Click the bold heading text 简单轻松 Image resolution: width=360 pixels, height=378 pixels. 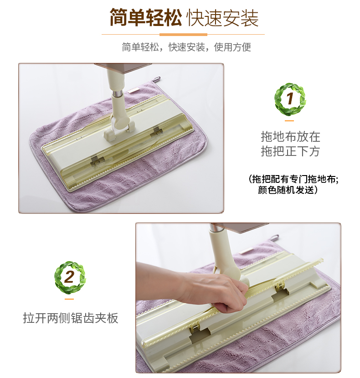coord(145,17)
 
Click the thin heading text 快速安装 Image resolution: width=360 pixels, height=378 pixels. coord(222,18)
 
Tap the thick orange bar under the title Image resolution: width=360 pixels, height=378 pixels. coord(183,35)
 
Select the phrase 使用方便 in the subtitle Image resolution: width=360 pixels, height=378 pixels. coord(232,47)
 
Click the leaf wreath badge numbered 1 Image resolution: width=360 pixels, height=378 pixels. coord(290,99)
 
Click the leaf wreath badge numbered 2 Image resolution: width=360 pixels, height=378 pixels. coord(70,277)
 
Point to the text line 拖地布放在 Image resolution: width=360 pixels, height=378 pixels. coord(290,137)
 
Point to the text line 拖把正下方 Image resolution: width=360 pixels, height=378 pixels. coord(290,151)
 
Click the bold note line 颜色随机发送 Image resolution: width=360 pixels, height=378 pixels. coord(288,190)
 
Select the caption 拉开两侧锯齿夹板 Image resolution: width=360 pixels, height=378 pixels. coord(71,318)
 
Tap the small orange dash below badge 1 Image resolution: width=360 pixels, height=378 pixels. coord(289,121)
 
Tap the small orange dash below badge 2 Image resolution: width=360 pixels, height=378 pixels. coord(69,299)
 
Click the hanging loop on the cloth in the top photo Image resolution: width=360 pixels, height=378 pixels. coord(157,79)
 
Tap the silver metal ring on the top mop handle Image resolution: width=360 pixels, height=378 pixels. coord(118,93)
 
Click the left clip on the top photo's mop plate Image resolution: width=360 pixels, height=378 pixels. coord(98,161)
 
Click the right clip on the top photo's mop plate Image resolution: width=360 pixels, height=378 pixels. coord(157,131)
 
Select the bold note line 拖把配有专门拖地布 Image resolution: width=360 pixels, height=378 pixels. coord(293,179)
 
